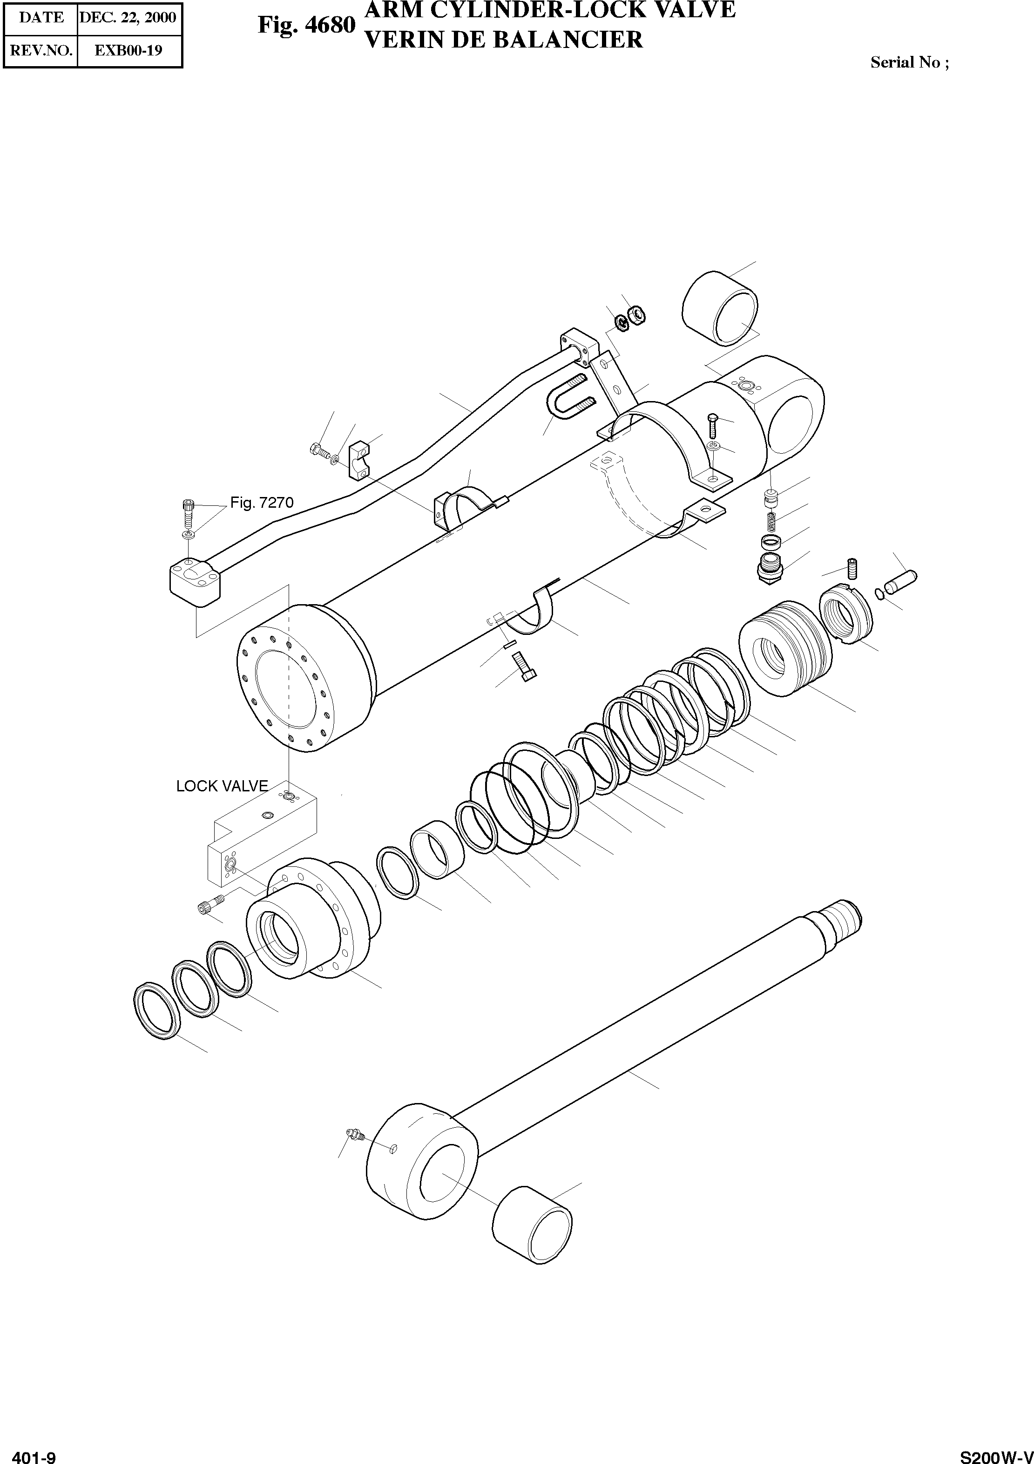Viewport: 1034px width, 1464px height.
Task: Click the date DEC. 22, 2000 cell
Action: (x=128, y=17)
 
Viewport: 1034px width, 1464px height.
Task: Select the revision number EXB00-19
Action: (x=128, y=50)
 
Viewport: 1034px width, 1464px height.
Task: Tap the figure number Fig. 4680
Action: (x=306, y=26)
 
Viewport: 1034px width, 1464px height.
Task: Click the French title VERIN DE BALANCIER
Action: (x=503, y=40)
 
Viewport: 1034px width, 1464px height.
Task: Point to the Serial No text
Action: (x=910, y=62)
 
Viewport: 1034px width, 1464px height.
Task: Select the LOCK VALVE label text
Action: (x=222, y=786)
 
